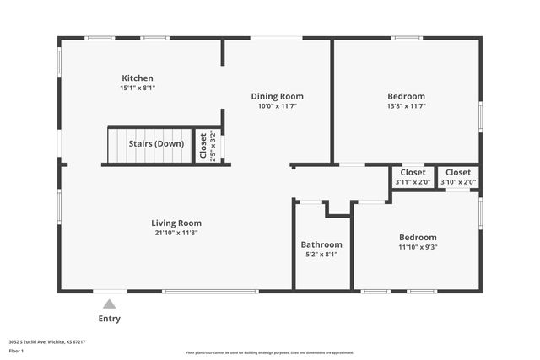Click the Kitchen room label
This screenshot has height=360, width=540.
(138, 78)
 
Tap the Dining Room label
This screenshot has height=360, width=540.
(277, 96)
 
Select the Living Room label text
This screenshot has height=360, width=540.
(176, 223)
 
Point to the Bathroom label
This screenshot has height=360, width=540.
(321, 244)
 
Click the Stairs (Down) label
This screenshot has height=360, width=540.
(155, 143)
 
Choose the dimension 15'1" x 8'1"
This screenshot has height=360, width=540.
(138, 88)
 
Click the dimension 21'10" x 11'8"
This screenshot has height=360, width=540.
(176, 233)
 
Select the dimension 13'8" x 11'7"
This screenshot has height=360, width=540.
(406, 106)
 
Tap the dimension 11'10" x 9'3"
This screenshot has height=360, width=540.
(418, 247)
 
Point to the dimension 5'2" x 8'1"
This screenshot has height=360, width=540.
(321, 254)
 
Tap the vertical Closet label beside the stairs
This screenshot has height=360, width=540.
(202, 146)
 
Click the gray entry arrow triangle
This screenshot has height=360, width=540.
(109, 304)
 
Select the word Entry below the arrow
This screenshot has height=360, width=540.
(109, 319)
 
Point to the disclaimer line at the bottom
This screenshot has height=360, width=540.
(269, 352)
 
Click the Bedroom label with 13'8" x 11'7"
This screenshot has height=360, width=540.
(406, 96)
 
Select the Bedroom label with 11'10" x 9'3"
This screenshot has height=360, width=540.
(418, 237)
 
